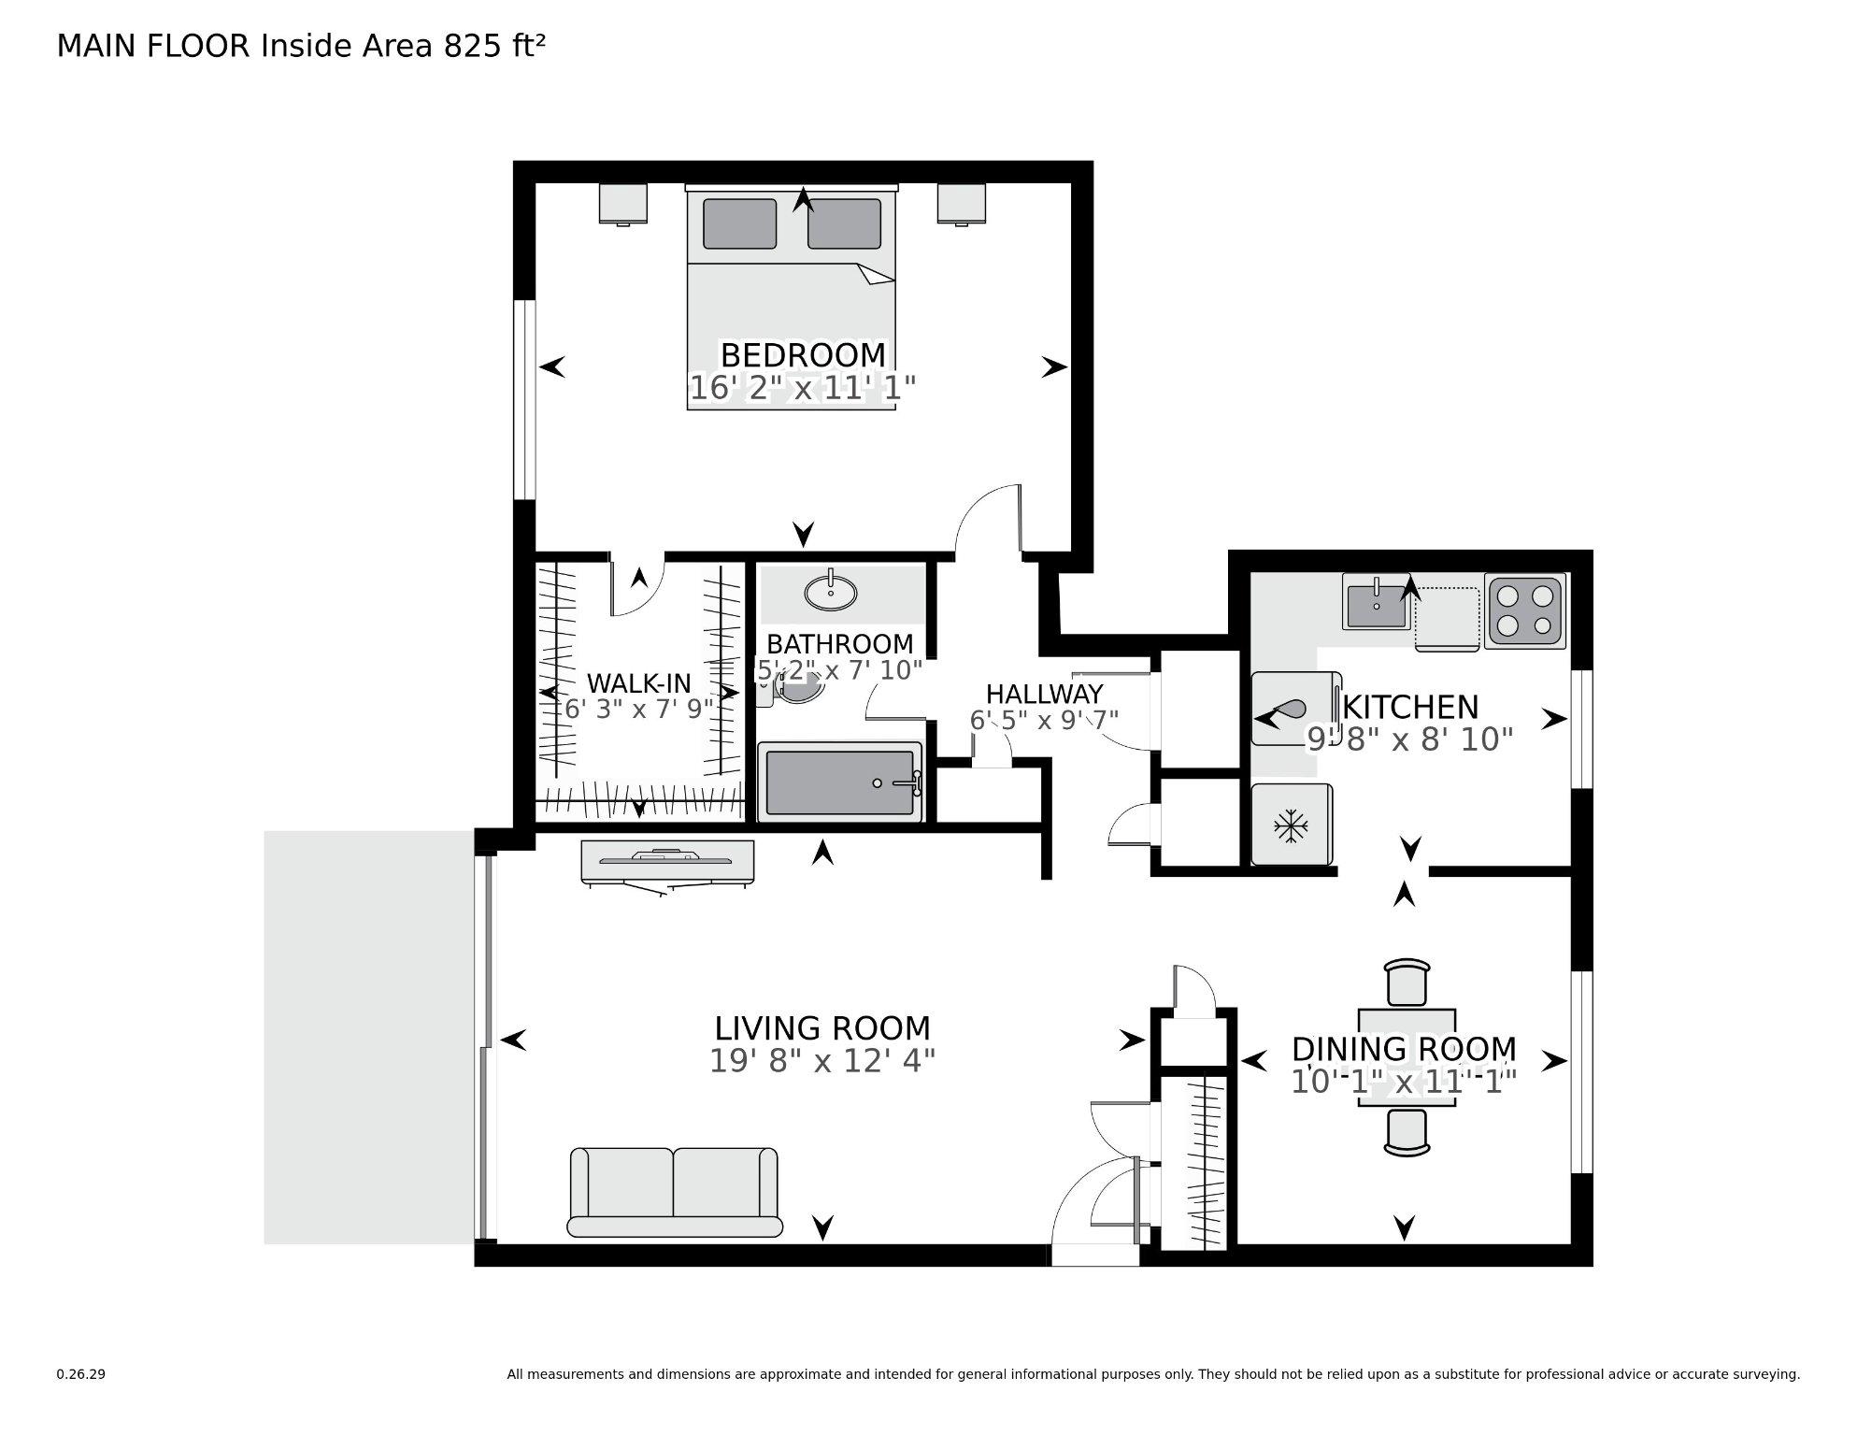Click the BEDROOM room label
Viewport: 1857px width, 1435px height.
pos(803,355)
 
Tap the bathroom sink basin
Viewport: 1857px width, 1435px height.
pos(830,593)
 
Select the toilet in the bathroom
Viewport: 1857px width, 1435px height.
pos(794,690)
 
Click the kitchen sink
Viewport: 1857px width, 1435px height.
pos(1376,602)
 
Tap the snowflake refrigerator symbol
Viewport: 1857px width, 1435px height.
pos(1292,825)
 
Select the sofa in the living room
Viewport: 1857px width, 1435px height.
pos(674,1192)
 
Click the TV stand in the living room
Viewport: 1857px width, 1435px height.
pos(666,861)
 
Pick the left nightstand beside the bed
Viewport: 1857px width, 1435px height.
pos(623,204)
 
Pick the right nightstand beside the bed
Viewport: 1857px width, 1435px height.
pos(962,204)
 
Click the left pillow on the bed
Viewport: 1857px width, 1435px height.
pos(739,224)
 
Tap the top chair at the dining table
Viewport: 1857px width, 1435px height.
pos(1407,983)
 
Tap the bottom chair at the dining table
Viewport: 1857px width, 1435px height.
pos(1407,1132)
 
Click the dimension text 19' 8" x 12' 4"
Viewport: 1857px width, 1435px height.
pos(821,1061)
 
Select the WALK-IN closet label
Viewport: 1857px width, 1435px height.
pos(638,682)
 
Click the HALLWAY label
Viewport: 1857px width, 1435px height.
pos(1045,695)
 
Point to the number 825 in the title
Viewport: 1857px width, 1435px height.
pos(472,46)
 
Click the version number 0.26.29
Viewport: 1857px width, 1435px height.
pos(80,1374)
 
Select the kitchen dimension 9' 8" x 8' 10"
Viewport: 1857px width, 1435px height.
pos(1408,739)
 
